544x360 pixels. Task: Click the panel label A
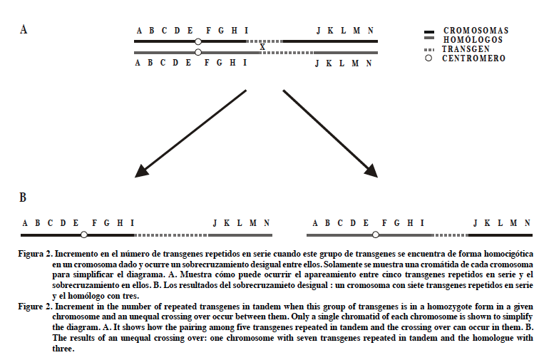tap(24, 30)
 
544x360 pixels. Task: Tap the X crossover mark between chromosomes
tap(263, 47)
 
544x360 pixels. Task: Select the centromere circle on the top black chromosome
tap(198, 42)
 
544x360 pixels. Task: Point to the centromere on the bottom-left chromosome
tap(84, 234)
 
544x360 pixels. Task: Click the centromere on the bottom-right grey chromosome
tap(375, 234)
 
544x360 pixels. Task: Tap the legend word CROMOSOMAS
tap(476, 31)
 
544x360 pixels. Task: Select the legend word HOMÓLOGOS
tap(472, 40)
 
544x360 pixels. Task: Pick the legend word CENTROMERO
tap(473, 58)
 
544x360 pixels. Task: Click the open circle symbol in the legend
tap(429, 58)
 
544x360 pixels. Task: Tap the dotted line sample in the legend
tap(429, 49)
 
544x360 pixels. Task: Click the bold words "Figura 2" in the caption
tap(36, 254)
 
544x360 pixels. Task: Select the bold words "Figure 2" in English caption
tap(36, 305)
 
